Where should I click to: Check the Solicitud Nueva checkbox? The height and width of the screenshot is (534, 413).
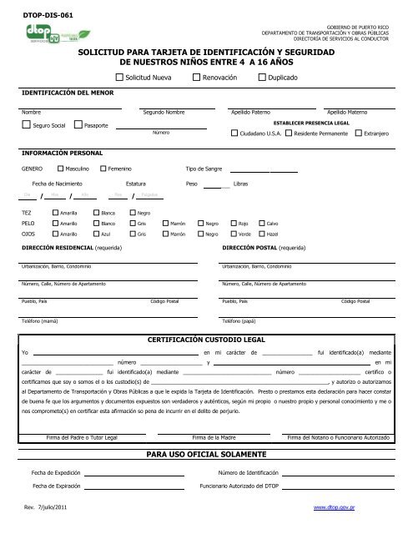point(118,77)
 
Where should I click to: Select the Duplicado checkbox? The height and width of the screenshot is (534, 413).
point(260,77)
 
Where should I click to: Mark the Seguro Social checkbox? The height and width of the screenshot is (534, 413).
point(26,125)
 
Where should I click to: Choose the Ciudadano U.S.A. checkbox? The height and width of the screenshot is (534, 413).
point(234,133)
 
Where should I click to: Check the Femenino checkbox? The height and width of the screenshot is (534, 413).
point(103,168)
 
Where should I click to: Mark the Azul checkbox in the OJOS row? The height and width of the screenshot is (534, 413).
point(95,235)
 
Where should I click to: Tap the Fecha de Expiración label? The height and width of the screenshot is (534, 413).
point(56,485)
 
